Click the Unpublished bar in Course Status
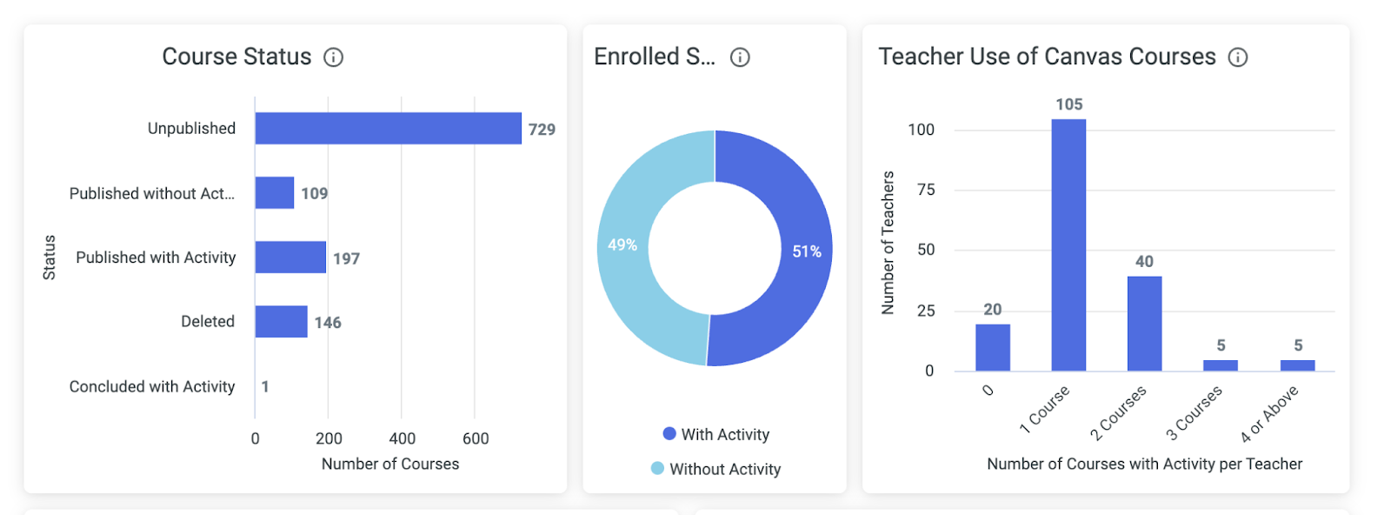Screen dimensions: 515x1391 click(x=388, y=129)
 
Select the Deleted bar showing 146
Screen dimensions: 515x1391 click(x=281, y=322)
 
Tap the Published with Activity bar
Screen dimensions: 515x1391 click(x=290, y=257)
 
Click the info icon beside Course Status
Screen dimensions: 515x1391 click(x=333, y=57)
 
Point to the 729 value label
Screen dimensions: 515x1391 click(x=542, y=130)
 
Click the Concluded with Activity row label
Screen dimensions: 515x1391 click(x=152, y=386)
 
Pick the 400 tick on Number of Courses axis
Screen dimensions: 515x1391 click(x=402, y=438)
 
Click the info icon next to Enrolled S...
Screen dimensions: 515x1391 click(x=740, y=57)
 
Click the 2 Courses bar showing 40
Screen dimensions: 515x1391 click(x=1144, y=324)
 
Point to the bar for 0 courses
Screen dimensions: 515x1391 click(x=993, y=348)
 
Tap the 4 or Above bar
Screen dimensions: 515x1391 click(x=1297, y=365)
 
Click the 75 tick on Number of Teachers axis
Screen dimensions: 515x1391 click(x=926, y=190)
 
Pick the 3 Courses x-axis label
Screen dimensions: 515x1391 click(x=1195, y=411)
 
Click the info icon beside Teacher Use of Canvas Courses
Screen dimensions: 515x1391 click(x=1237, y=57)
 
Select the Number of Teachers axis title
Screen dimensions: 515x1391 click(x=888, y=242)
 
